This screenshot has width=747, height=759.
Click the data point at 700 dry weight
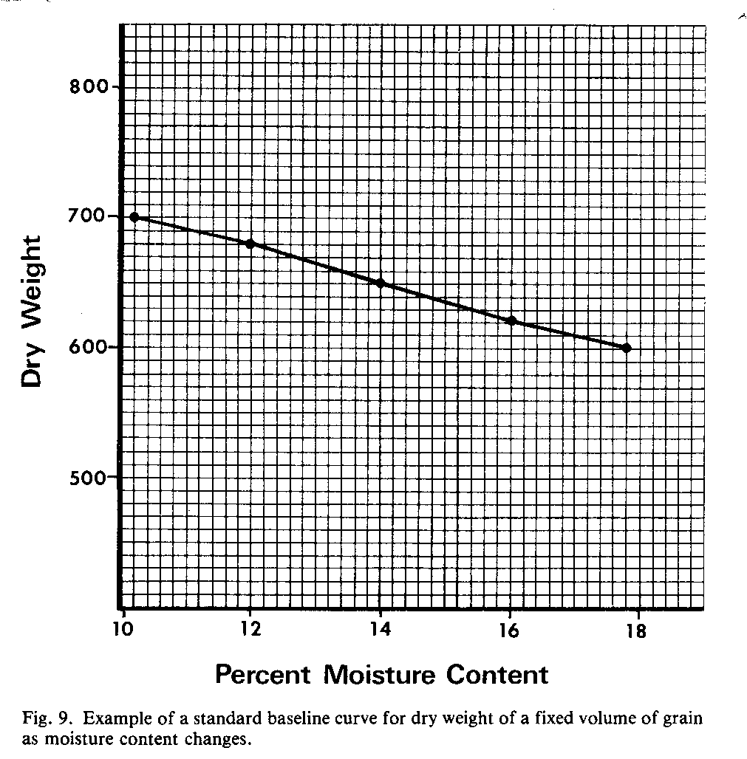(134, 217)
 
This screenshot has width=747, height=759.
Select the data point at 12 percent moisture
(250, 243)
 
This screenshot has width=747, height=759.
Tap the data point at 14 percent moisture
(381, 283)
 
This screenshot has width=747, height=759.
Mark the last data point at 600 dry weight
(627, 348)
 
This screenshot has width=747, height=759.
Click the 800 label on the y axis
(89, 87)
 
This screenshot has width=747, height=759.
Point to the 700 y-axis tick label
(89, 216)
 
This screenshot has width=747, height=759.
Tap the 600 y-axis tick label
(89, 347)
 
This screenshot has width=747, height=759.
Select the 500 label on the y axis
(89, 477)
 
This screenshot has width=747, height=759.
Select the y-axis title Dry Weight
(34, 311)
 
